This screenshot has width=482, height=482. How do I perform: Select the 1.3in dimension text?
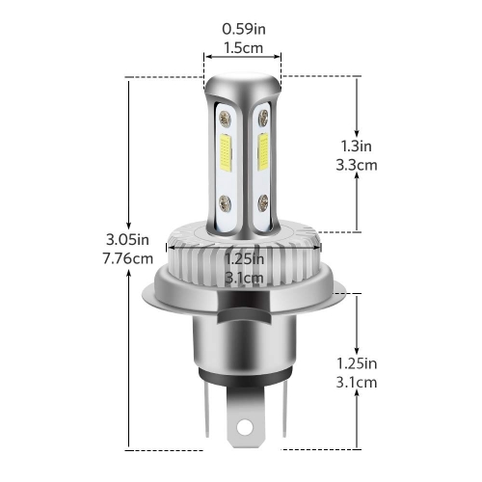pos(359,147)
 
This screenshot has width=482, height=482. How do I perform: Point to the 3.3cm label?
pos(359,165)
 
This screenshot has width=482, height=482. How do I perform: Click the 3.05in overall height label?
pos(128,240)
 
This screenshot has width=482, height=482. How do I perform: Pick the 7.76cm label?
pos(128,258)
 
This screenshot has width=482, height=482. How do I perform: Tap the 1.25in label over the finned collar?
pos(242,258)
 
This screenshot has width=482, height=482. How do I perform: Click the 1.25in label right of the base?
pos(359,363)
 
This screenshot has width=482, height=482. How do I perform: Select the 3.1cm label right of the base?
pos(359,382)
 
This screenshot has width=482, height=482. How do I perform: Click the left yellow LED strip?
pos(224,158)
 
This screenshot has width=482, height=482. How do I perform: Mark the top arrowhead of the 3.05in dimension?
pos(128,84)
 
